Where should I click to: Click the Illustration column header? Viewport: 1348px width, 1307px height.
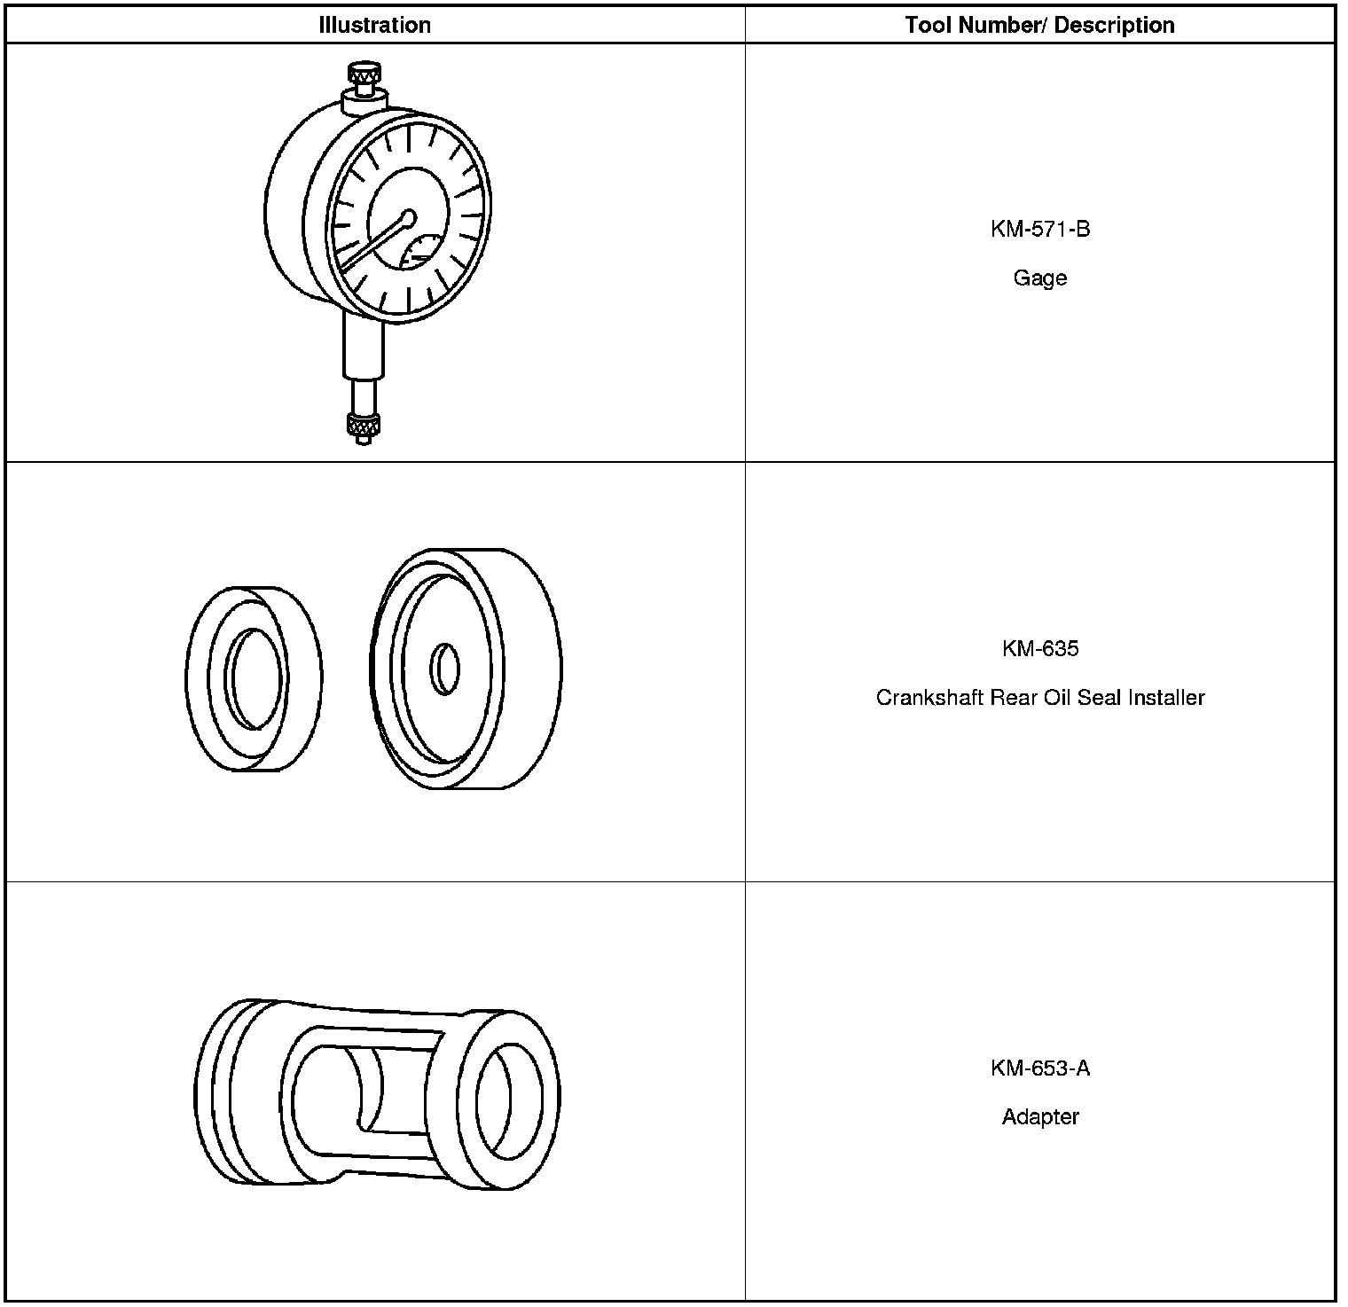(374, 26)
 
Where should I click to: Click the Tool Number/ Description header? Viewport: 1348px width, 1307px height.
(1039, 26)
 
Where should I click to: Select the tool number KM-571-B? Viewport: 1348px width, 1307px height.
(1040, 229)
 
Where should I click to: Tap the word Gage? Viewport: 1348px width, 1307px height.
(1040, 278)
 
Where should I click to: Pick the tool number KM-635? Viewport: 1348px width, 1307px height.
(1040, 648)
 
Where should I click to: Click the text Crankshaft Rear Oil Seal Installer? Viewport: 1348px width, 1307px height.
(1040, 698)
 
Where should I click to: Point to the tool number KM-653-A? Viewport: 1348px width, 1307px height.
(1040, 1068)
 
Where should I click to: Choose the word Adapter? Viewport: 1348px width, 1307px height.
(1040, 1116)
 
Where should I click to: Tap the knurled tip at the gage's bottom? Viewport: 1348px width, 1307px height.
(362, 427)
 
